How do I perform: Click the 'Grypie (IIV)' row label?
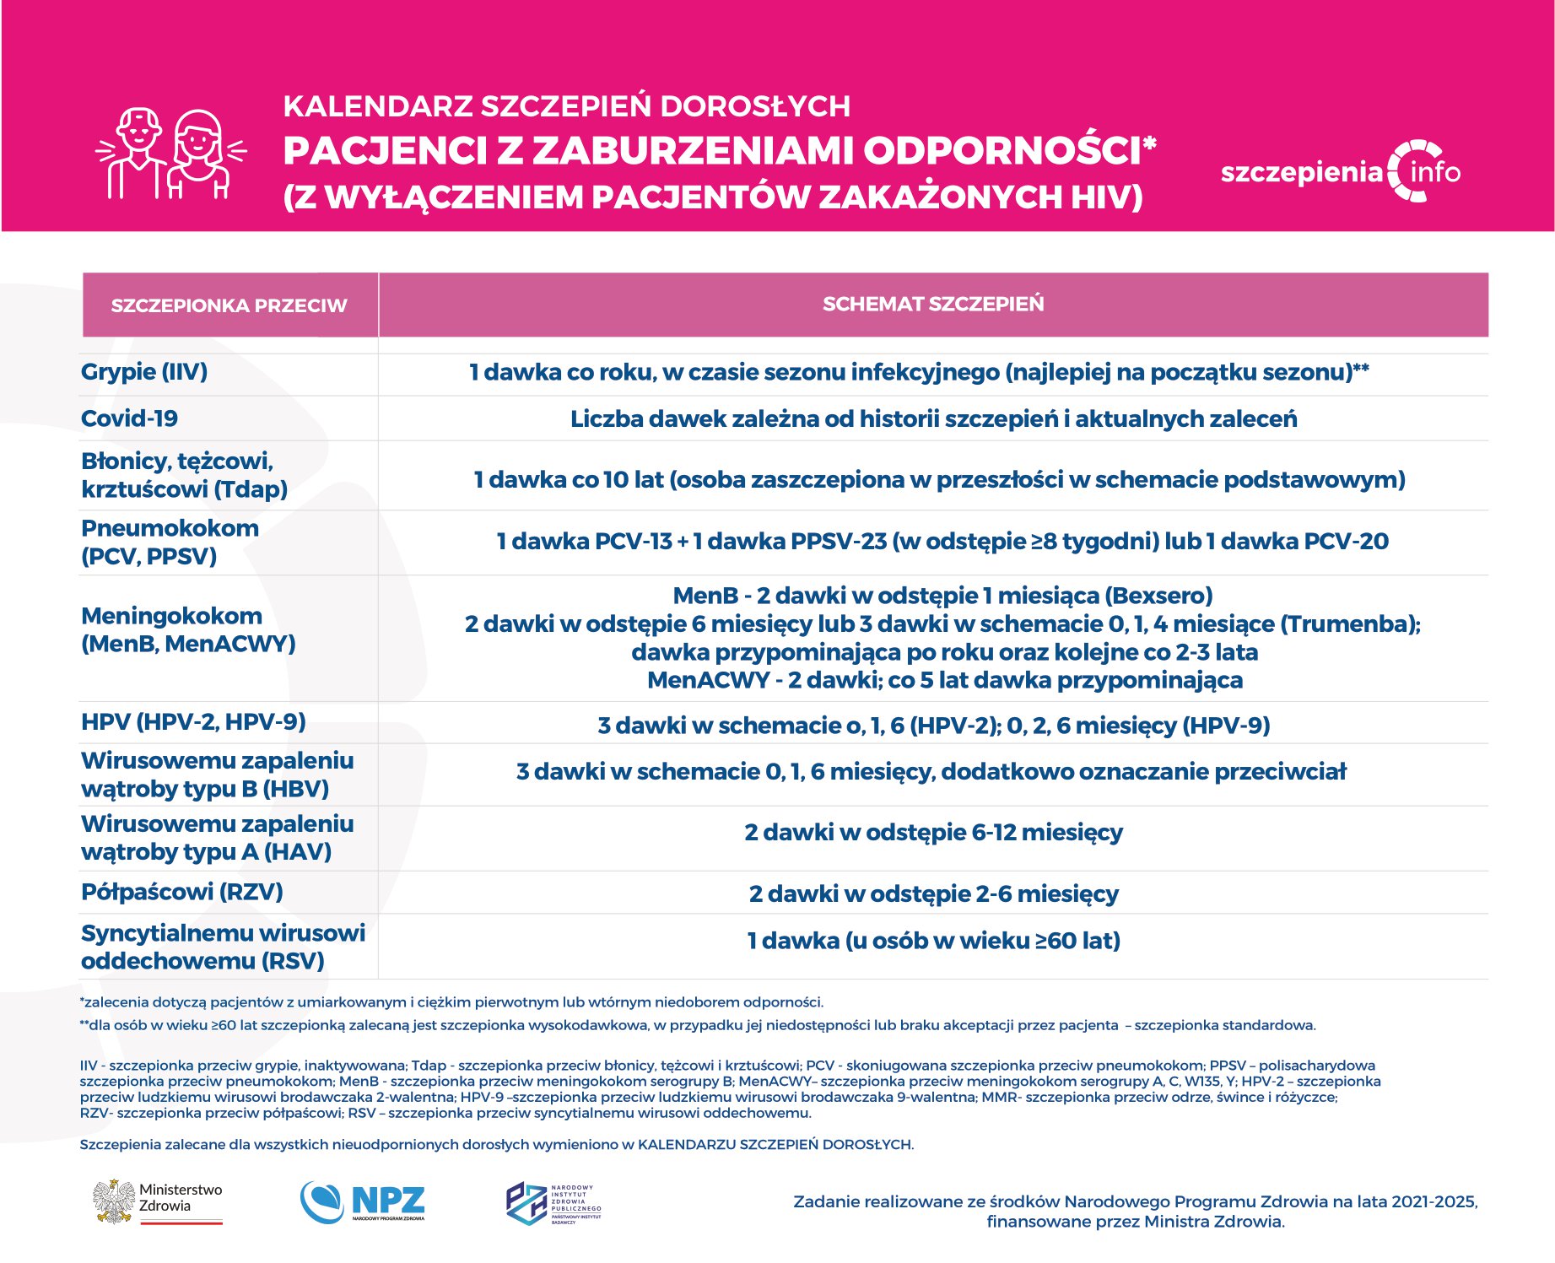coord(144,372)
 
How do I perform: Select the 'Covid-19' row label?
coord(129,418)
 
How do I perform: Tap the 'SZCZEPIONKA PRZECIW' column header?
coord(229,305)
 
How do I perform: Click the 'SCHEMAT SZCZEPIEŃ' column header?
coord(932,304)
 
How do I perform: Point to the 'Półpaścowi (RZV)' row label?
coord(181,892)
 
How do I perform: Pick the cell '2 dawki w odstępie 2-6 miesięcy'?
coord(933,893)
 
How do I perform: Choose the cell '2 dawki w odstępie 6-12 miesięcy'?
coord(933,833)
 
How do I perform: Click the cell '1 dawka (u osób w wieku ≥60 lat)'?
coord(933,941)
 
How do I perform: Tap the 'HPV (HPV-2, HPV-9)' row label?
coord(193,722)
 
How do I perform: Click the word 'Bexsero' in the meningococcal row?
coord(1158,596)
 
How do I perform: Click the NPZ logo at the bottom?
coord(363,1201)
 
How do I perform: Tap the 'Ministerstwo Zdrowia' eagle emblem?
coord(114,1201)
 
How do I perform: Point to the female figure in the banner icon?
coord(199,156)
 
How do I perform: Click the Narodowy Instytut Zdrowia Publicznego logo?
coord(553,1203)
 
